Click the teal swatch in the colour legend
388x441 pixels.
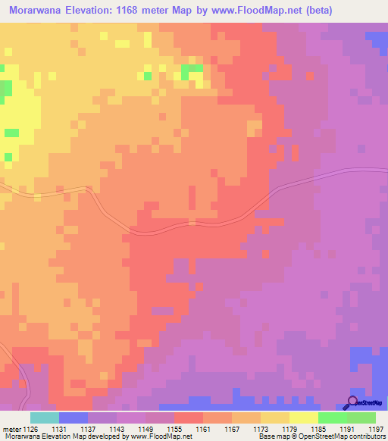pos(44,418)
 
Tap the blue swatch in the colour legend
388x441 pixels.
pos(74,418)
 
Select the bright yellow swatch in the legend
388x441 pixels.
pos(304,418)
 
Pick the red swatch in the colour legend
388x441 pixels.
pos(189,418)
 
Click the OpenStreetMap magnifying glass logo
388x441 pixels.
pos(352,402)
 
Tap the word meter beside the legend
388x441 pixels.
pos(11,430)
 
